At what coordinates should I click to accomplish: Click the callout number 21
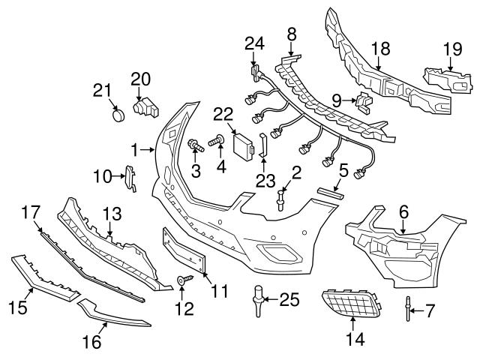coord(101,91)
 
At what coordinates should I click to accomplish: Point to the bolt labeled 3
coord(193,143)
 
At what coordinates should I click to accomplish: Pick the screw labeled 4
coord(218,139)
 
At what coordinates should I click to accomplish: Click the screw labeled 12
coord(182,280)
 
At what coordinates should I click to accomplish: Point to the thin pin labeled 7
coord(408,308)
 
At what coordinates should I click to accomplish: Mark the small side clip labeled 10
coord(131,178)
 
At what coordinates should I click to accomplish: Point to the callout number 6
coord(403,212)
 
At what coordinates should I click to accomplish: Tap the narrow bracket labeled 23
coord(264,147)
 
